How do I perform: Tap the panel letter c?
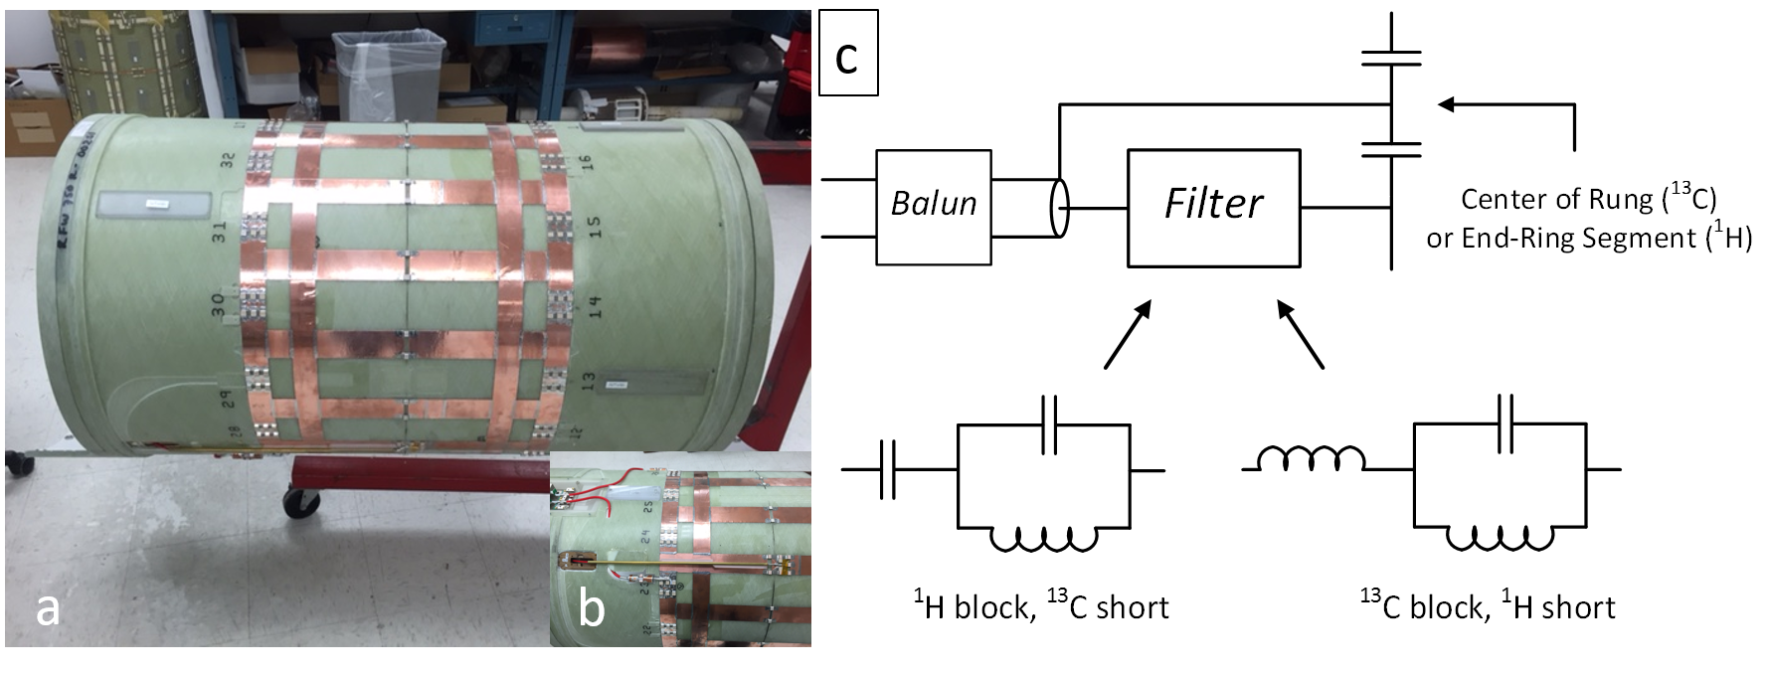click(846, 59)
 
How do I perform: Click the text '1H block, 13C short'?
click(1041, 605)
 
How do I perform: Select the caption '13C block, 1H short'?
click(1487, 605)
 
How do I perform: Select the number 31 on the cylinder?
click(220, 232)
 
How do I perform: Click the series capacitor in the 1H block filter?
click(887, 468)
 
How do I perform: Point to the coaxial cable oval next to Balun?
click(1059, 208)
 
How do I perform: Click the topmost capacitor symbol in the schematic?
click(1390, 58)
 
